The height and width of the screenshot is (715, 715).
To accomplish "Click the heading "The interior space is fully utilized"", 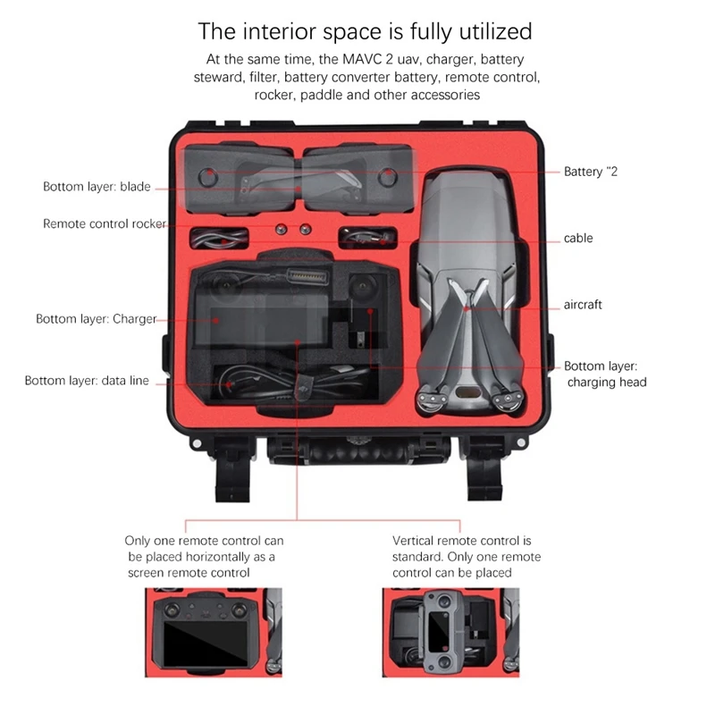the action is tap(364, 32).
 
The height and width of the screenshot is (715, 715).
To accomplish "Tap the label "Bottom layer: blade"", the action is tap(97, 187).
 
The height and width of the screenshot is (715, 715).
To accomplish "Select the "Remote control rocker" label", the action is tap(105, 223).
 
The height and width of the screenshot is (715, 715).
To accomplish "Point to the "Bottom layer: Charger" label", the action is tap(96, 318).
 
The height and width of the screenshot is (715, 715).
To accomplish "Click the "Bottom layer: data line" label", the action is tap(87, 381).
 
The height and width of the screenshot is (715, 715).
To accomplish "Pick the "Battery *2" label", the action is tap(590, 171).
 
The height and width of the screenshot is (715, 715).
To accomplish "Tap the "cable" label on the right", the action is tap(578, 239).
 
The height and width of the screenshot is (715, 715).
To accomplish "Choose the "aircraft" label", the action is tap(582, 305).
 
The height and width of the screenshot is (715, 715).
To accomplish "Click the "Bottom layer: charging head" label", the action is tap(605, 374).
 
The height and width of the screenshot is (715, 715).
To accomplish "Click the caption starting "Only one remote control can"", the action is tap(204, 556).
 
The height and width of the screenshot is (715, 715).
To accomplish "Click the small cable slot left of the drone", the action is tap(367, 239).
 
